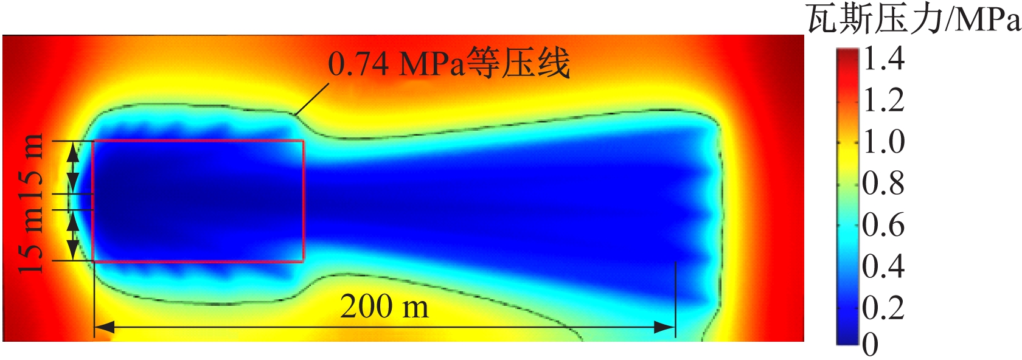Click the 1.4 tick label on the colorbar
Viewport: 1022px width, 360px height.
(884, 59)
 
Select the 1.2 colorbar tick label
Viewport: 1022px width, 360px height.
(884, 100)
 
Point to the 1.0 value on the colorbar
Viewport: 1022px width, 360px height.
(884, 142)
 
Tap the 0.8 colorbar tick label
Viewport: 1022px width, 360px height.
(884, 183)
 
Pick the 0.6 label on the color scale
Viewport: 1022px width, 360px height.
(884, 225)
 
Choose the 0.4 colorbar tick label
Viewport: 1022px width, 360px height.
(884, 266)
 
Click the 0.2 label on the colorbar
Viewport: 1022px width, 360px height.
(884, 308)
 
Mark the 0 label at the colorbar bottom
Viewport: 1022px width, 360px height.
(871, 345)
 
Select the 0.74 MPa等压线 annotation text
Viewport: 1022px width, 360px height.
(449, 63)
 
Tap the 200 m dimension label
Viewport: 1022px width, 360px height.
(384, 307)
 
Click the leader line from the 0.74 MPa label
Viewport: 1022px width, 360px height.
(311, 99)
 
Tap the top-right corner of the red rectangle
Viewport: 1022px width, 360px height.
(303, 140)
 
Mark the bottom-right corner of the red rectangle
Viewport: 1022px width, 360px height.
(303, 261)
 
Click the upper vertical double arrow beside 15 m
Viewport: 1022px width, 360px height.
(72, 167)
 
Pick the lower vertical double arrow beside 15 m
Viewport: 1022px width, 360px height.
(72, 236)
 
